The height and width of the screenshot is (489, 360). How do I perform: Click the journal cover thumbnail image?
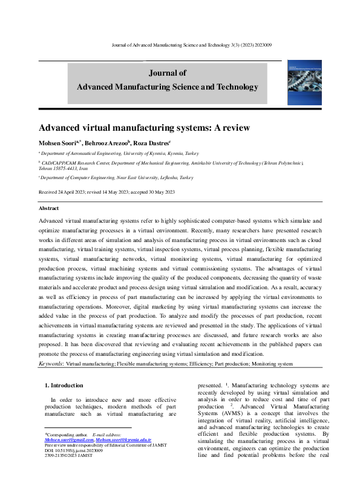pyautogui.click(x=305, y=84)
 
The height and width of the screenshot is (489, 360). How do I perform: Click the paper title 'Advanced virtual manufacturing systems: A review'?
pyautogui.click(x=144, y=128)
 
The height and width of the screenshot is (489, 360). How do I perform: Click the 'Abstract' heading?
pyautogui.click(x=49, y=208)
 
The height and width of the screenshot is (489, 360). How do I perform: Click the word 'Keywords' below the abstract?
pyautogui.click(x=50, y=364)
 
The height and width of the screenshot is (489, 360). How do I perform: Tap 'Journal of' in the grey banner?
pyautogui.click(x=167, y=73)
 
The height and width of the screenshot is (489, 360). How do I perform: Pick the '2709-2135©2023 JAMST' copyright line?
pyautogui.click(x=67, y=456)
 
